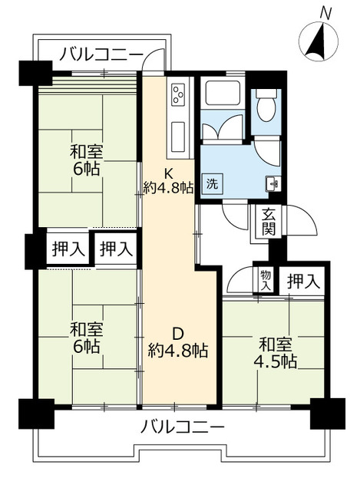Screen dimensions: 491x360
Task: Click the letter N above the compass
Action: tap(325, 12)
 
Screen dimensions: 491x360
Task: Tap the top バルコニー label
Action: tap(101, 54)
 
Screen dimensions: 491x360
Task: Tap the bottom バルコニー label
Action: tap(182, 427)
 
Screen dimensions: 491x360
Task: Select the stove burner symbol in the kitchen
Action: tap(178, 97)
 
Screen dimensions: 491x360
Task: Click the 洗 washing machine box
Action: tap(210, 184)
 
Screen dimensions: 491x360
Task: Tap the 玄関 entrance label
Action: tap(268, 222)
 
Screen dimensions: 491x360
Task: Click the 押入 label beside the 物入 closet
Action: tap(302, 282)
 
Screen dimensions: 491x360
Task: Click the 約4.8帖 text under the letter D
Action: tap(177, 351)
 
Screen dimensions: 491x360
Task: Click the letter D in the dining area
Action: tap(177, 334)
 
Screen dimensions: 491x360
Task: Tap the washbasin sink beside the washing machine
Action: tap(273, 183)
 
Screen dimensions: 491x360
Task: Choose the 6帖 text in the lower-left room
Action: tap(86, 347)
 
